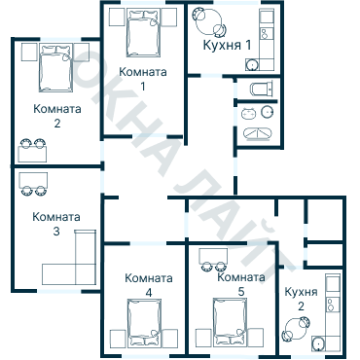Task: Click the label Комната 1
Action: (x=143, y=79)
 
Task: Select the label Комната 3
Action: (x=55, y=224)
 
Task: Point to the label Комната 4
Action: (x=149, y=284)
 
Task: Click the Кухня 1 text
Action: (x=225, y=46)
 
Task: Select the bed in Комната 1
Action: (x=144, y=35)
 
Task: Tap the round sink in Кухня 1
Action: (x=253, y=65)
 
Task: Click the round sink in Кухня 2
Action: (x=318, y=342)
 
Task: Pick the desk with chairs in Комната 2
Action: (x=33, y=150)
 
